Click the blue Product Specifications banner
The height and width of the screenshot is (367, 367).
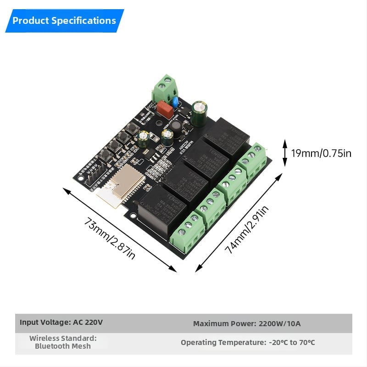64,21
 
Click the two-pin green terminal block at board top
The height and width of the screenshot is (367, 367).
165,88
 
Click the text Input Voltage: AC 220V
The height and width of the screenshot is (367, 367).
61,322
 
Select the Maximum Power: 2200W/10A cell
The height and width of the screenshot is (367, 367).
247,323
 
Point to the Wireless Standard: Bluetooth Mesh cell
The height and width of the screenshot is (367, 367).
63,342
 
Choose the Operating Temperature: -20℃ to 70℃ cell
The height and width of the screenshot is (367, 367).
248,343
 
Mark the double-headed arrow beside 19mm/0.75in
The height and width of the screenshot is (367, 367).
284,153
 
